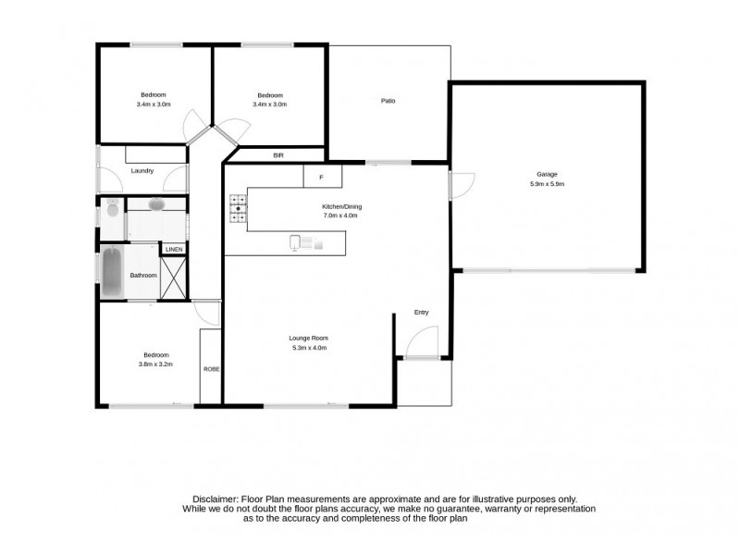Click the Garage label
tap(547, 174)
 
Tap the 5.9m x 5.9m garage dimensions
tap(547, 184)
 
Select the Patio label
tap(388, 101)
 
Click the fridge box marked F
tap(322, 176)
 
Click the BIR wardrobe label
tap(277, 155)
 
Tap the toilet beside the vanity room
tap(111, 208)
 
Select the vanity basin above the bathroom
tap(155, 203)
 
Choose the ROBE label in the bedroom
tap(211, 369)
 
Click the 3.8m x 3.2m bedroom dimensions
tap(154, 364)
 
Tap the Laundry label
tap(142, 170)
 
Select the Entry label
tap(422, 313)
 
